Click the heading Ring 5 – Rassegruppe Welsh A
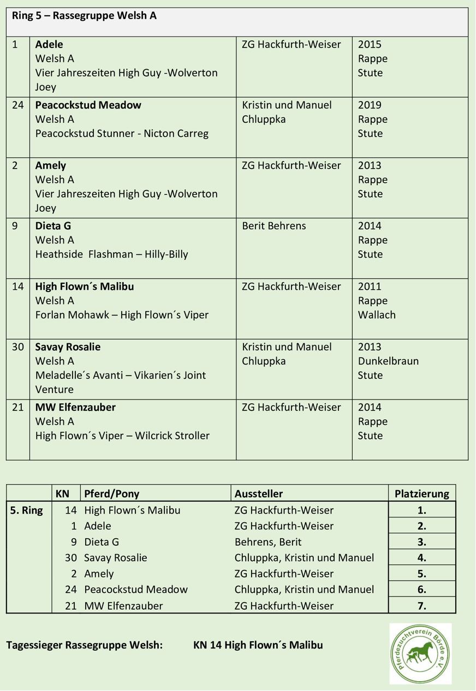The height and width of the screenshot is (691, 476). [84, 16]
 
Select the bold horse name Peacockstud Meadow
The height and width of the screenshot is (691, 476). [88, 105]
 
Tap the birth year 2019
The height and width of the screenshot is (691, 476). [370, 105]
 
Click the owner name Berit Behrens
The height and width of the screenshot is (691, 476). [273, 226]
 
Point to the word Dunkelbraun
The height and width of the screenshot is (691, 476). [388, 361]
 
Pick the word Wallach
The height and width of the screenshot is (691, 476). [377, 315]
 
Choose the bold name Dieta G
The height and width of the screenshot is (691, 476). [53, 226]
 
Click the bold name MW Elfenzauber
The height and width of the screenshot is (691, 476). [75, 407]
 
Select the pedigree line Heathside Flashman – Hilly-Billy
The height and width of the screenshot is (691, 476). [111, 254]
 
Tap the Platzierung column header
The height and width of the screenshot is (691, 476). [421, 493]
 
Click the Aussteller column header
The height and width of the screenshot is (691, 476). [258, 493]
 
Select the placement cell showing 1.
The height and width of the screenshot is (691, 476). [421, 510]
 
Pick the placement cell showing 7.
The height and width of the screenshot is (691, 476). [421, 605]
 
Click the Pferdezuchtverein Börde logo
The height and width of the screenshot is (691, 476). [420, 653]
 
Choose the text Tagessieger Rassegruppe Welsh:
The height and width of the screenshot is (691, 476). [84, 645]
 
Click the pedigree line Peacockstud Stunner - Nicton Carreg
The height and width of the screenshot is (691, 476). [122, 133]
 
